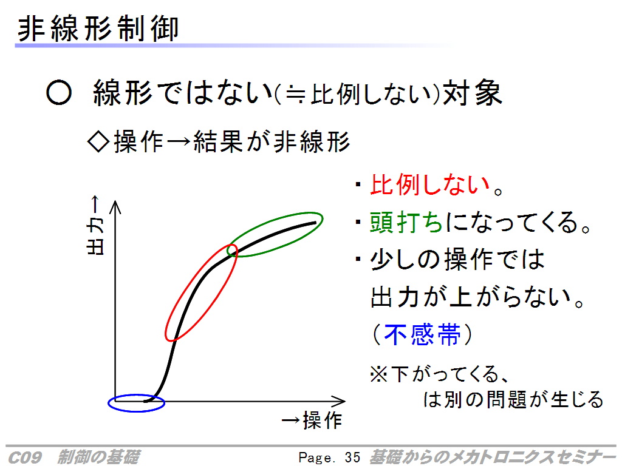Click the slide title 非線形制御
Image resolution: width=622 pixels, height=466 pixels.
pos(98,29)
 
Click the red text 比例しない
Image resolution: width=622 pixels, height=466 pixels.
pos(430,184)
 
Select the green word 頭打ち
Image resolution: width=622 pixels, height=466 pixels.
pos(406,222)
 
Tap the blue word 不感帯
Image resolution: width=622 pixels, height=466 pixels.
pos(423,335)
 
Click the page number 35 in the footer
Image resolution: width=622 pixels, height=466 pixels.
pos(352,458)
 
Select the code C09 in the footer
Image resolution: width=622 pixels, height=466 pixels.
pos(24,458)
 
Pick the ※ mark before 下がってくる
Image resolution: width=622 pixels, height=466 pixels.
pos(378,374)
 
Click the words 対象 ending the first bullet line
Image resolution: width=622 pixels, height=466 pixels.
pos(473,93)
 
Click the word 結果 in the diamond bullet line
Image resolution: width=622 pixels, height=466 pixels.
pos(218,141)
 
